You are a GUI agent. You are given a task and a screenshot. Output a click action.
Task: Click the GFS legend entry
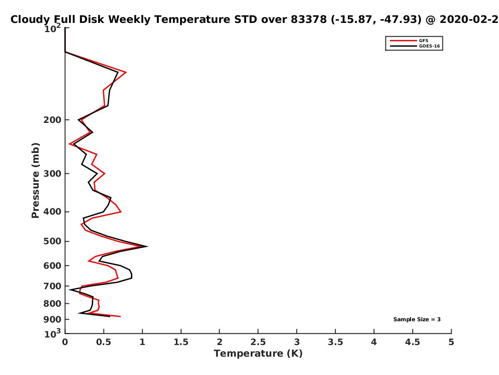(x=409, y=40)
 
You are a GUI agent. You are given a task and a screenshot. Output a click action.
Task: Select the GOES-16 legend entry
(x=415, y=46)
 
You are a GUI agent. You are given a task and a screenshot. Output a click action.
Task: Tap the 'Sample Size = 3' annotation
(x=417, y=319)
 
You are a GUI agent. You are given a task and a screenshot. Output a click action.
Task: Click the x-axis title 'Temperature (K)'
(x=258, y=353)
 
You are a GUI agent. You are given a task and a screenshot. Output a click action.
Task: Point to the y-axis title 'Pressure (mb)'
(x=35, y=180)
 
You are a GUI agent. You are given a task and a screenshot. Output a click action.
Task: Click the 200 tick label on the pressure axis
(x=52, y=120)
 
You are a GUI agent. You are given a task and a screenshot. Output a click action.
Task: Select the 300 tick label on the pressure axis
(x=52, y=173)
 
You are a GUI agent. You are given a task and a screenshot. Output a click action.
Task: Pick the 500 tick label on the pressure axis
(x=52, y=241)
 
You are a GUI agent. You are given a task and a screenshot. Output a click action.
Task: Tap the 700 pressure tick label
(x=52, y=286)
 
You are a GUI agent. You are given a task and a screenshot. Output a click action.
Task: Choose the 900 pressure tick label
(x=52, y=320)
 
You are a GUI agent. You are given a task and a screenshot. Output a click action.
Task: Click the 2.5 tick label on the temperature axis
(x=258, y=342)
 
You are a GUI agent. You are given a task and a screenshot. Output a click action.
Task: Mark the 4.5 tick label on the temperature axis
(x=413, y=342)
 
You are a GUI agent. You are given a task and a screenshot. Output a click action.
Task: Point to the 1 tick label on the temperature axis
(x=142, y=342)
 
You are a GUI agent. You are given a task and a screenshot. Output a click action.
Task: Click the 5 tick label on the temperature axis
(x=451, y=342)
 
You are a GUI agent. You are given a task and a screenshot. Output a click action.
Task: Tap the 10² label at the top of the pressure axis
(x=53, y=28)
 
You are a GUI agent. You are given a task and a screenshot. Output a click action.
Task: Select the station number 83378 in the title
(x=309, y=19)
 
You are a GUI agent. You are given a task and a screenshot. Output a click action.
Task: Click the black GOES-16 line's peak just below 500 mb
(x=147, y=246)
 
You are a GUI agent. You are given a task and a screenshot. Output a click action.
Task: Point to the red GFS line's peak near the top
(x=126, y=72)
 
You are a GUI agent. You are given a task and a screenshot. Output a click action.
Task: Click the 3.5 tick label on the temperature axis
(x=335, y=342)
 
